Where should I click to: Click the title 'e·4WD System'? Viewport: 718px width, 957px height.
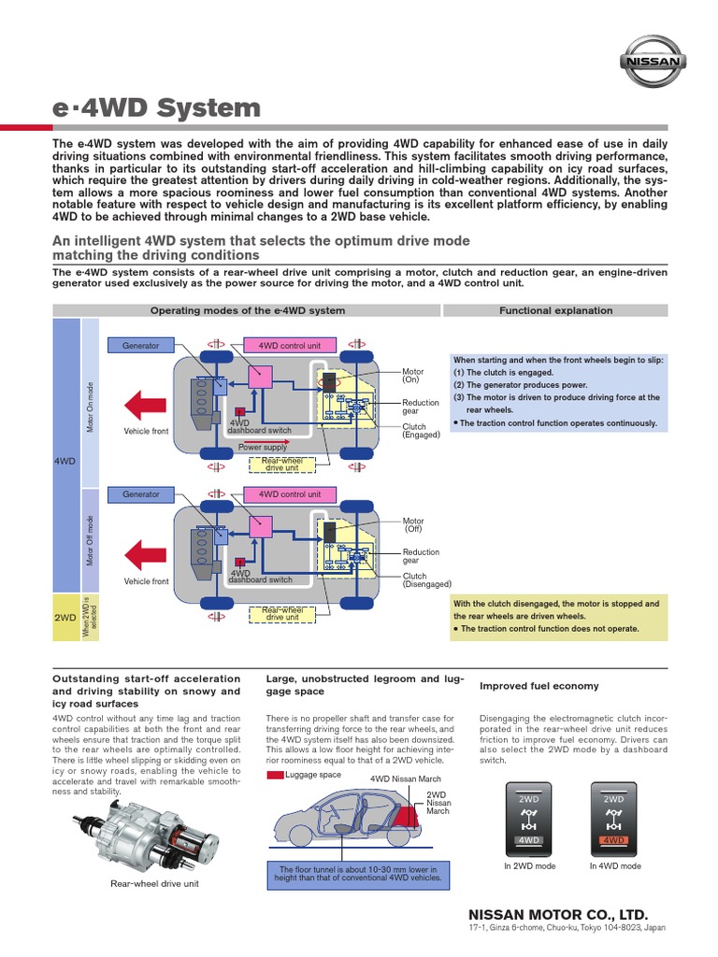coord(157,107)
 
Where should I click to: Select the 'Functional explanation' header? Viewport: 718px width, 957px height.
coord(555,310)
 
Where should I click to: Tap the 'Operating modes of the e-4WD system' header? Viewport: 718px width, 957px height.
coord(248,310)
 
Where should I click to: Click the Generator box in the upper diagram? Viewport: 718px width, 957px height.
coord(140,345)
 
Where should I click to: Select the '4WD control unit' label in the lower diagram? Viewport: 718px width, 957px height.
coord(289,494)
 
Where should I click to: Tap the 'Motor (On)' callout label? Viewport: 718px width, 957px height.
coord(412,376)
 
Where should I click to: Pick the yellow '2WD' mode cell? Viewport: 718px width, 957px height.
coord(65,618)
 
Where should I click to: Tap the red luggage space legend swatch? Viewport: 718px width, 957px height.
coord(275,775)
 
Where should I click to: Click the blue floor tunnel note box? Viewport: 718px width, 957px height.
coord(359,873)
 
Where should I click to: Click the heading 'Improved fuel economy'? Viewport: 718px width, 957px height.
coord(538,686)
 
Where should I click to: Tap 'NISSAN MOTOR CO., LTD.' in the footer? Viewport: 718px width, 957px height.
coord(557,913)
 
